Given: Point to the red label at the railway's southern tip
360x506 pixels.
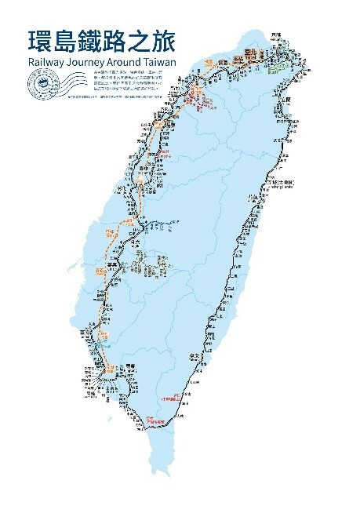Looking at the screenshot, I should [154, 420].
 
